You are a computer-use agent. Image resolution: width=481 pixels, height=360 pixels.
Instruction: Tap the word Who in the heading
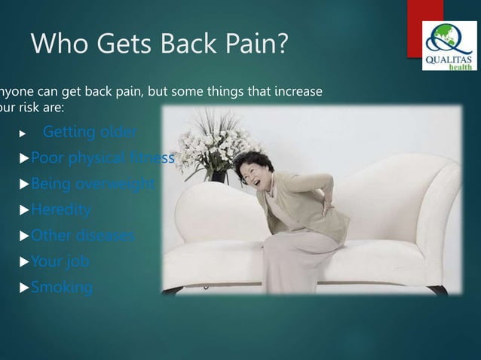click(57, 45)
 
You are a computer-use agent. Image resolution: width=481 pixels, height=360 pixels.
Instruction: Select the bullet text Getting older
click(90, 133)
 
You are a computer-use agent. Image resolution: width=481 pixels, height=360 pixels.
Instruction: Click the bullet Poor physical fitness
click(103, 158)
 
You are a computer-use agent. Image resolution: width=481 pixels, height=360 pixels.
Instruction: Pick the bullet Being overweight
click(92, 184)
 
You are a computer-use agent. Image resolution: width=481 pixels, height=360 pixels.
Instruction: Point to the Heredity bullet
click(60, 209)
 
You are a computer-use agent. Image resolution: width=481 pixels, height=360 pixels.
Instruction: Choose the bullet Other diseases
click(82, 235)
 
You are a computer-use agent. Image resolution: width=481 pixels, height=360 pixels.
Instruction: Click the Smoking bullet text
click(61, 287)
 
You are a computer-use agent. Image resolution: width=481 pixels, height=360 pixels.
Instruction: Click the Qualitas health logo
click(449, 46)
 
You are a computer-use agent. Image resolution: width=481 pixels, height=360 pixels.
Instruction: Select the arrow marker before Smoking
click(24, 288)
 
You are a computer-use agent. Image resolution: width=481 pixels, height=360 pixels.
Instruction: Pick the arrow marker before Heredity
click(24, 210)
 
